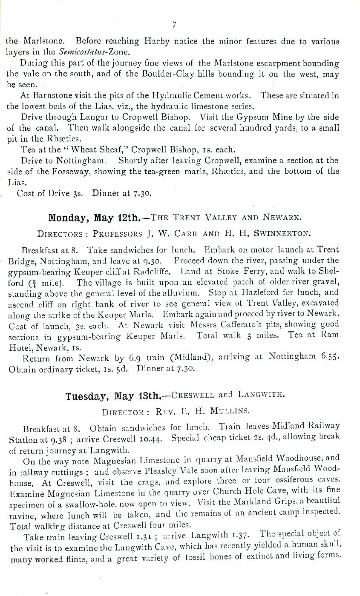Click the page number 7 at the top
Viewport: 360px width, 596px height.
174,25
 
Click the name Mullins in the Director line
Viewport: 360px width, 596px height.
227,412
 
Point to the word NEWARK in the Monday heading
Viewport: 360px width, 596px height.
282,217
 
